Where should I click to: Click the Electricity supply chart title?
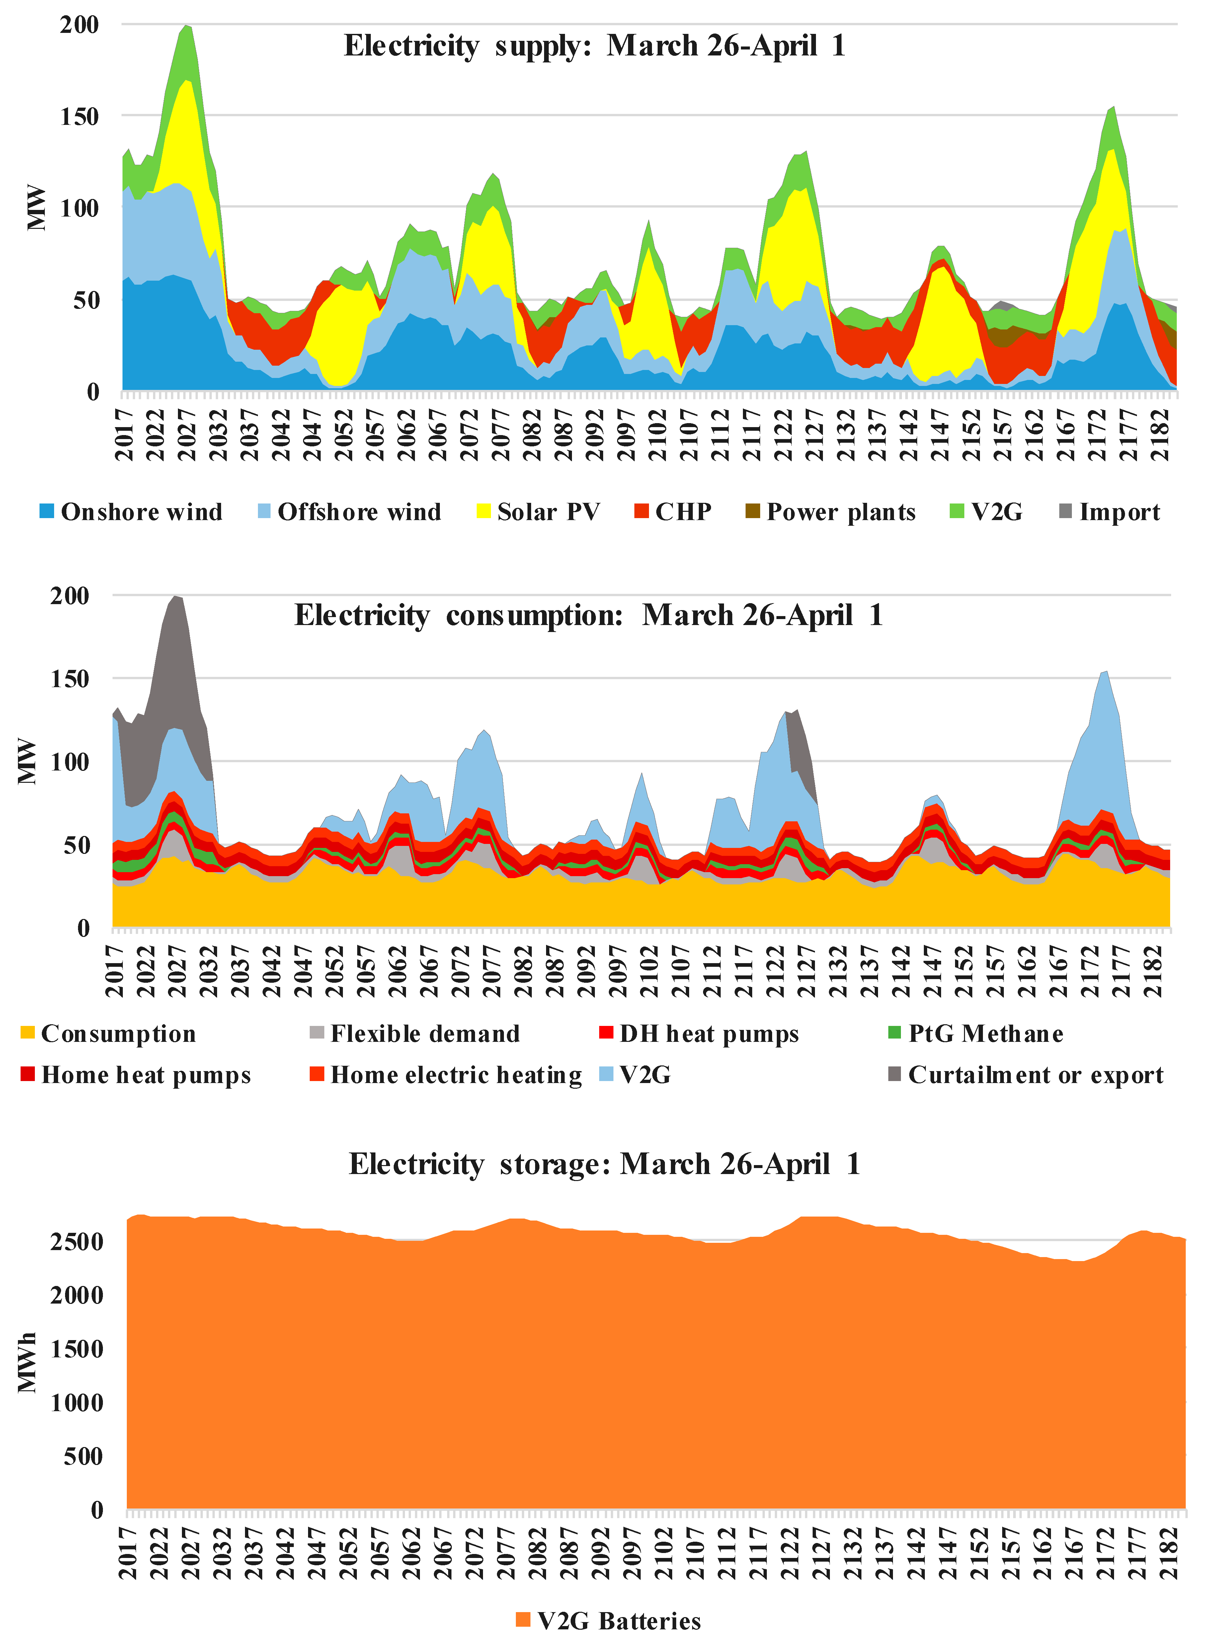[x=595, y=45]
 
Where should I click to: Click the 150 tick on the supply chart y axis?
[x=79, y=116]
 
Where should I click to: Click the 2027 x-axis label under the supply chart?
[x=187, y=434]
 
